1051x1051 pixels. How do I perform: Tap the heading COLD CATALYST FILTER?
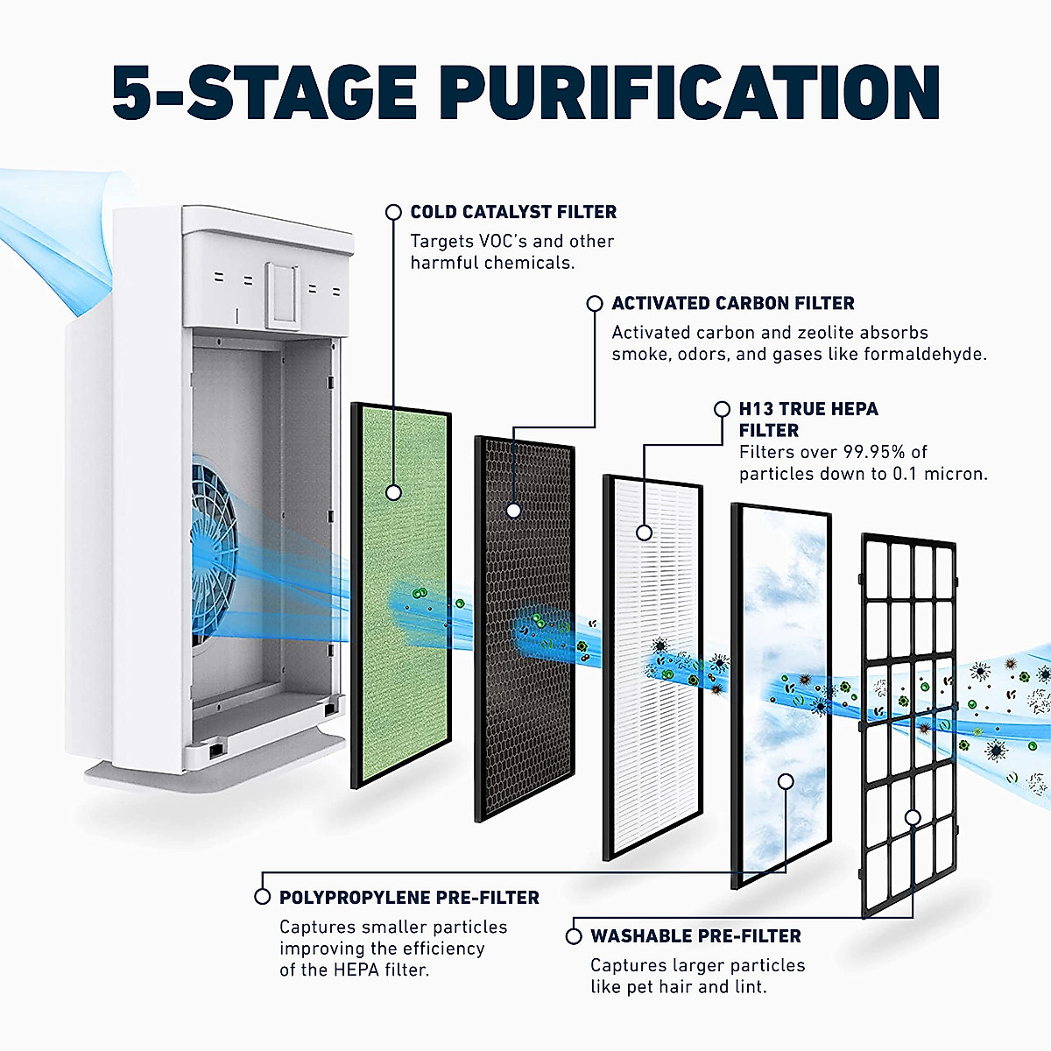click(513, 212)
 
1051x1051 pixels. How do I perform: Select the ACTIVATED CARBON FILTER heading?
click(733, 303)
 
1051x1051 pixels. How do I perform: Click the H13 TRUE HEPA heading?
click(808, 409)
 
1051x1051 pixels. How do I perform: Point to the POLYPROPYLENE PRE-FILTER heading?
click(409, 898)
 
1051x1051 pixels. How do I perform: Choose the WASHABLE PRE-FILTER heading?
click(695, 936)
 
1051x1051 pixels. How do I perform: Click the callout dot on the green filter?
click(393, 492)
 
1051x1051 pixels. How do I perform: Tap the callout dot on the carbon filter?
click(514, 510)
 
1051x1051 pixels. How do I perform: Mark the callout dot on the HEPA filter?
click(645, 532)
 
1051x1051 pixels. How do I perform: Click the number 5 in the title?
click(135, 91)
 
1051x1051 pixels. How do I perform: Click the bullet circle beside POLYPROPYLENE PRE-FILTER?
click(262, 897)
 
